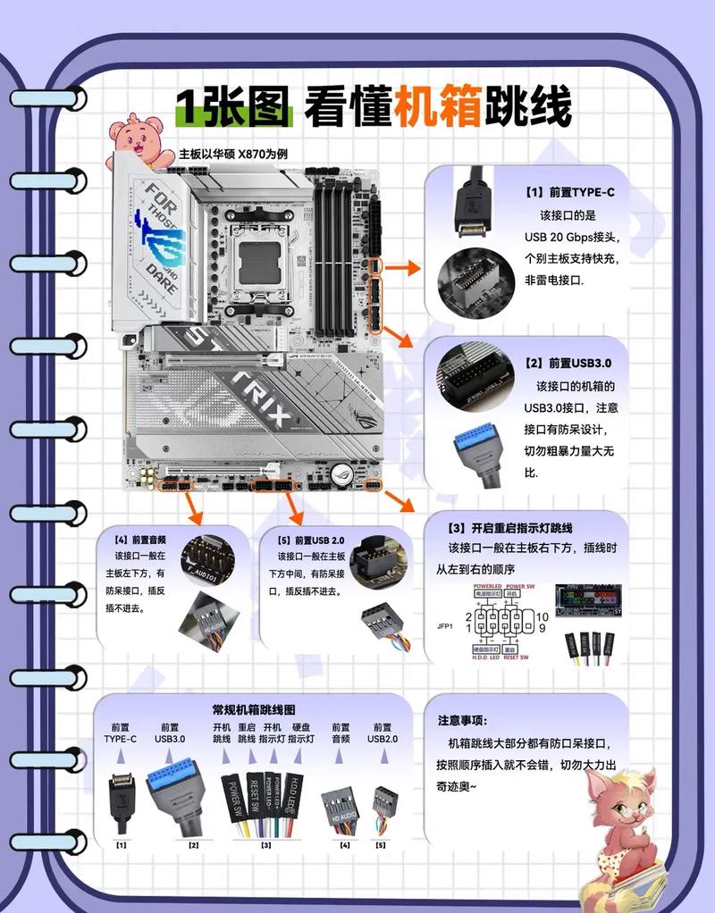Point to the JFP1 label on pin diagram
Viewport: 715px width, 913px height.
[x=443, y=625]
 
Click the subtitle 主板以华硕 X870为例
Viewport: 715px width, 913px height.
[x=233, y=154]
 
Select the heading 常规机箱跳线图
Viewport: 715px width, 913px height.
[x=253, y=708]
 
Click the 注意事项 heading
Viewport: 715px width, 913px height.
[x=462, y=720]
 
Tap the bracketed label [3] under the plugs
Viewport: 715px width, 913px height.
[x=266, y=844]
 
